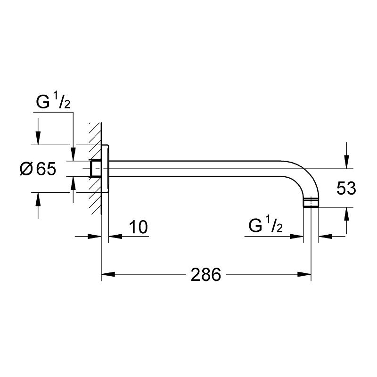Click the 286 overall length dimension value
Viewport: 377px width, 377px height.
(206, 275)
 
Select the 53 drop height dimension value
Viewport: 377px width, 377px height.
(346, 188)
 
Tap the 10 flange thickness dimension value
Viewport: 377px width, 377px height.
(138, 227)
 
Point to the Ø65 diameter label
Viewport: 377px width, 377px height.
(38, 169)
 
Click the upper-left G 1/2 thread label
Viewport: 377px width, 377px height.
(53, 102)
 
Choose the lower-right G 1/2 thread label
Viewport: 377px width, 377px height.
(265, 227)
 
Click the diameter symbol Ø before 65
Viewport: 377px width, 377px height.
(26, 169)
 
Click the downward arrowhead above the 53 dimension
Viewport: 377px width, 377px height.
(347, 163)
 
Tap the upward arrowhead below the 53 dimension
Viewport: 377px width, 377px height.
(347, 213)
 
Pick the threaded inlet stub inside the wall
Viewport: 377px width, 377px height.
(96, 168)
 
